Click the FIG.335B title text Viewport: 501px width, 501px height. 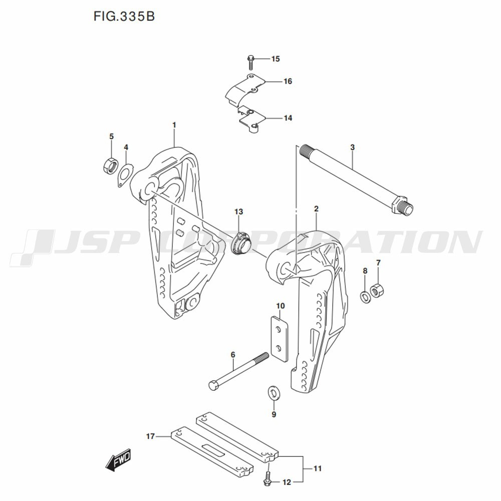(124, 16)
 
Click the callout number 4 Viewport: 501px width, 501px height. (126, 147)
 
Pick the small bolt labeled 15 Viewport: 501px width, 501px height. (252, 63)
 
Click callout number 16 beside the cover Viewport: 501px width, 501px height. (288, 81)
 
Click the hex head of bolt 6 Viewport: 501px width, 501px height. (213, 386)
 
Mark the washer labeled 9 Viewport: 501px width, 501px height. (274, 392)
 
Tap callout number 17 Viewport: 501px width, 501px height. (150, 437)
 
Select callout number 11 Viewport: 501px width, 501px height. (317, 469)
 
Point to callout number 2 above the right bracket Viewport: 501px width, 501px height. (317, 208)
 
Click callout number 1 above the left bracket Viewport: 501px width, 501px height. (174, 124)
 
